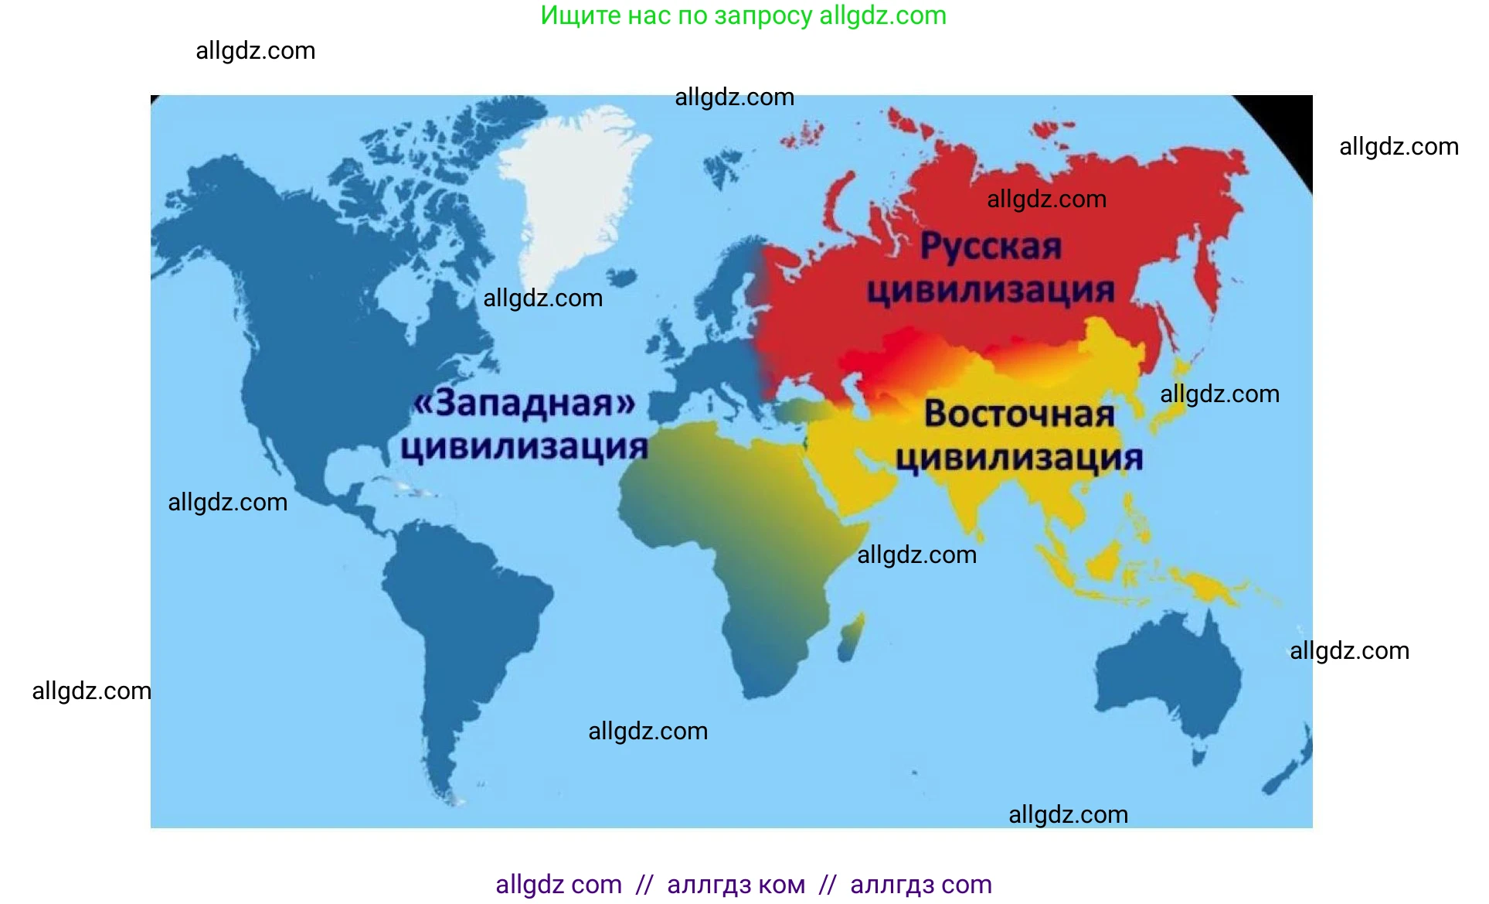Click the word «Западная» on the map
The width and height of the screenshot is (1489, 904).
tap(525, 403)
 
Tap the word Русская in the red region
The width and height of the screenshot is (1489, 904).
tap(991, 247)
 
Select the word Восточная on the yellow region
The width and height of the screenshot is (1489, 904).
tap(1019, 414)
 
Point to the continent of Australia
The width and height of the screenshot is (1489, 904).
tap(1167, 681)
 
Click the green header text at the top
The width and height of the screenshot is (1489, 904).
tap(743, 15)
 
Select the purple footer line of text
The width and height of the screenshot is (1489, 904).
tap(743, 884)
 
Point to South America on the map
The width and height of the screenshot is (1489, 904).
tap(456, 619)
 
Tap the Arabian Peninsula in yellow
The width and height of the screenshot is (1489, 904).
tap(850, 472)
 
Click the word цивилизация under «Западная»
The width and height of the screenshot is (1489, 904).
tap(524, 447)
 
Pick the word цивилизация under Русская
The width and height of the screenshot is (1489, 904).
tap(991, 291)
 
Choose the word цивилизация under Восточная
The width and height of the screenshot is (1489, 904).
tap(1019, 458)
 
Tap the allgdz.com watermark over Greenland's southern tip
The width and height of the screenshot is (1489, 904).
tap(542, 298)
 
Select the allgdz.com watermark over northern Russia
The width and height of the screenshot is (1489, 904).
tap(1046, 199)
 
